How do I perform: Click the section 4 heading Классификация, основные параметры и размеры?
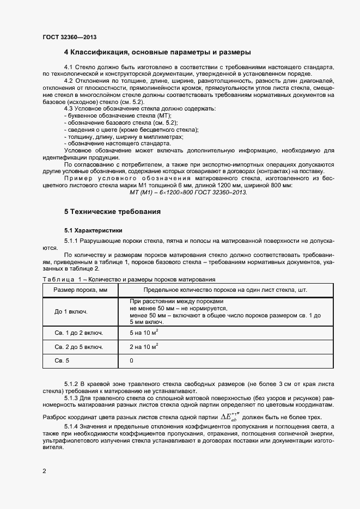157,53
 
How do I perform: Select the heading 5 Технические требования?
112,211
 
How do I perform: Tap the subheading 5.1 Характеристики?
93,230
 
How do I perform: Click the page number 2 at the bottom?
44,470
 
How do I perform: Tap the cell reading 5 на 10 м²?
144,332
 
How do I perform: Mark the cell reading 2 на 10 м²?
144,346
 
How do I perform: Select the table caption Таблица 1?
58,279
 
